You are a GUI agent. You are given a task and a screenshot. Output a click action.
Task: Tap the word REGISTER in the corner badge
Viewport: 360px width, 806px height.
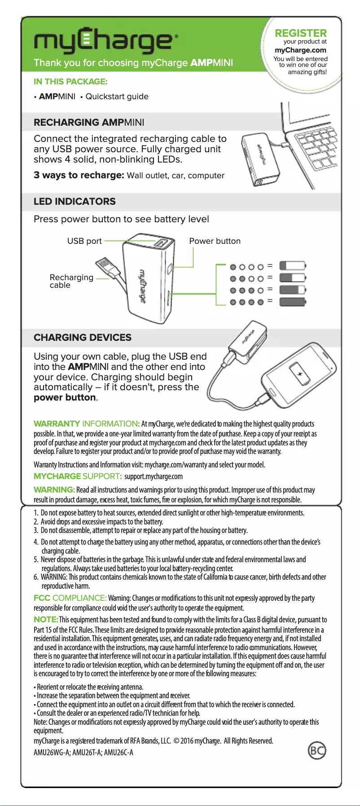pyautogui.click(x=300, y=33)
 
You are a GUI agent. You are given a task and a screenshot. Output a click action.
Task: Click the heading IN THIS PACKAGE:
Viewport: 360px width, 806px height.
pyautogui.click(x=70, y=82)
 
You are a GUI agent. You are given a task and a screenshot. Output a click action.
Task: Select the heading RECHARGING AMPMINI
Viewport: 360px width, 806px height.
pyautogui.click(x=89, y=123)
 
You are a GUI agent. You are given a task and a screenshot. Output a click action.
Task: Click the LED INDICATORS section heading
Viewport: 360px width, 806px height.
pyautogui.click(x=75, y=202)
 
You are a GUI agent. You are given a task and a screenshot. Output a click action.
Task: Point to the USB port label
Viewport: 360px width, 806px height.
pyautogui.click(x=84, y=241)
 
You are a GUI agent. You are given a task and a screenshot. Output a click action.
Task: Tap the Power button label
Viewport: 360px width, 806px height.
pyautogui.click(x=215, y=241)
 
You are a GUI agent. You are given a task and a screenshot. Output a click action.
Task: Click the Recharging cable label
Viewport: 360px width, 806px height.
pyautogui.click(x=71, y=281)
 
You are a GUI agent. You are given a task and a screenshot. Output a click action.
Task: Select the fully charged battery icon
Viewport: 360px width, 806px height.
pyautogui.click(x=292, y=301)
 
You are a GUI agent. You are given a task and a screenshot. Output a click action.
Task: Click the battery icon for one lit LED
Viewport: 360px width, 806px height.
pyautogui.click(x=292, y=266)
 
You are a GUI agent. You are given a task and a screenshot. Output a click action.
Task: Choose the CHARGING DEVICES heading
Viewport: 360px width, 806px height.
pyautogui.click(x=83, y=338)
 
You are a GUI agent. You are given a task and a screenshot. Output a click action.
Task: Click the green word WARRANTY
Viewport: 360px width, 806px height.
pyautogui.click(x=57, y=424)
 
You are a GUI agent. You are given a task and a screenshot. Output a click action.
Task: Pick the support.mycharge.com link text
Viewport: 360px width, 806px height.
pyautogui.click(x=154, y=476)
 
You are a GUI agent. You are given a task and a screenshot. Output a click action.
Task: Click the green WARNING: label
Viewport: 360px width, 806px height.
pyautogui.click(x=54, y=489)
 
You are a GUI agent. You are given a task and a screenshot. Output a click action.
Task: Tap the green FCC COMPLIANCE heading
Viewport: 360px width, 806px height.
pyautogui.click(x=70, y=598)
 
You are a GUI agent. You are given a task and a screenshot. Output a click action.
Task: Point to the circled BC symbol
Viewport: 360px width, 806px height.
pyautogui.click(x=317, y=750)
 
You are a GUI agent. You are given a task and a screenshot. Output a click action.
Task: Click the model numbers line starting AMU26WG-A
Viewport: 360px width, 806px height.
pyautogui.click(x=83, y=753)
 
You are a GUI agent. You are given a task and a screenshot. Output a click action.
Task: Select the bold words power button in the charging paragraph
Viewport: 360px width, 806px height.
pyautogui.click(x=65, y=398)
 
